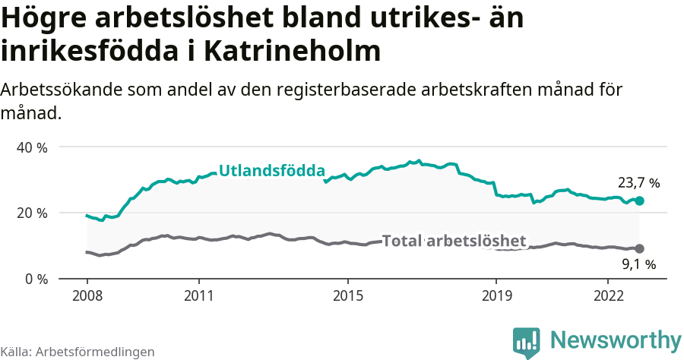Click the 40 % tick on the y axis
tap(32, 147)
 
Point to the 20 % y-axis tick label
tap(32, 213)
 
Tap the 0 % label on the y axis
tap(36, 279)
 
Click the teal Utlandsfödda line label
tap(272, 171)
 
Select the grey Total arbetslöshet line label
tap(454, 242)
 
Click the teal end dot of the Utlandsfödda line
tap(639, 201)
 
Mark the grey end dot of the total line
tap(639, 248)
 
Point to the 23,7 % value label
tap(638, 183)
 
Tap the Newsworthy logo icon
tap(527, 342)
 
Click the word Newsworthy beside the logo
tap(616, 339)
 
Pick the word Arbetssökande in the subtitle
tap(55, 90)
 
